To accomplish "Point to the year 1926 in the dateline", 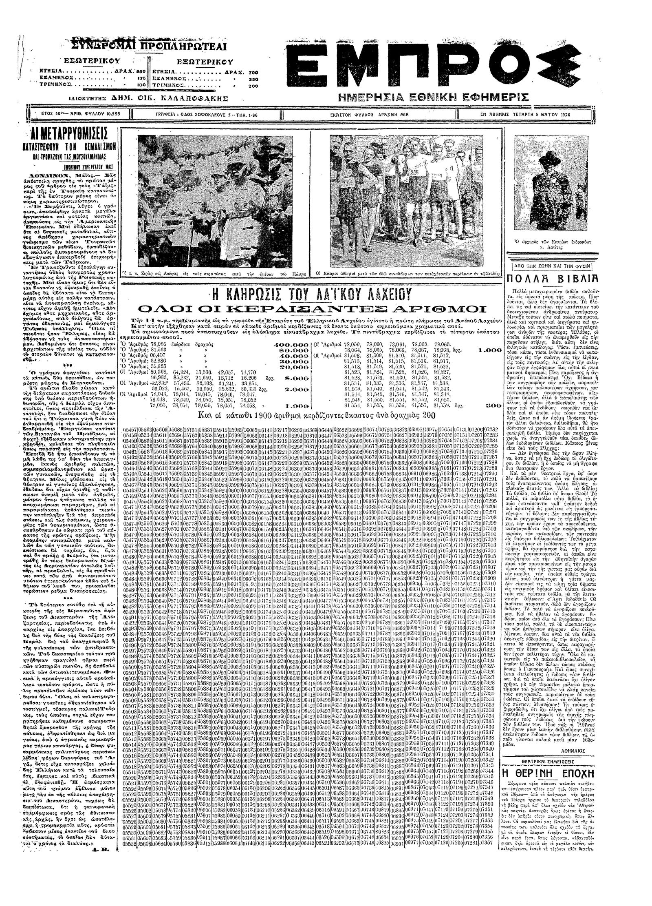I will tap(563, 115).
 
